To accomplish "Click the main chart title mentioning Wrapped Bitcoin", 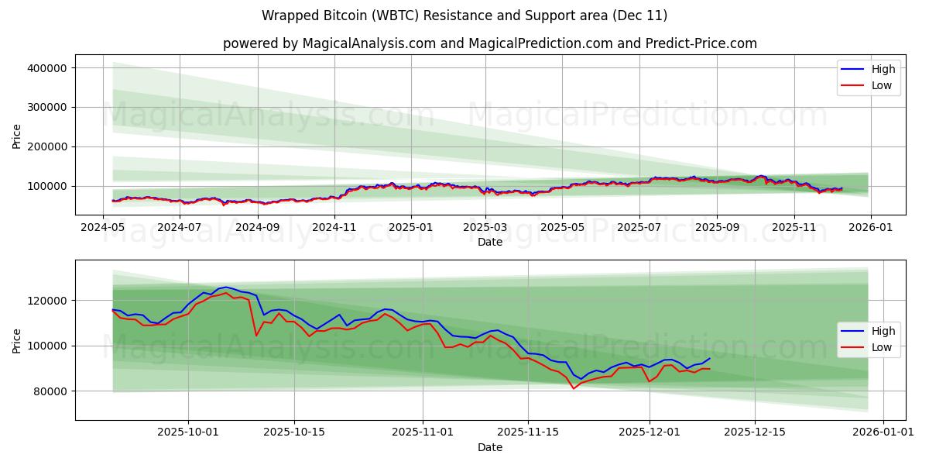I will tap(464, 15).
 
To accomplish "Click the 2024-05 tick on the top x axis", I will tap(103, 227).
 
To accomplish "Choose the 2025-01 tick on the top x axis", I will tap(410, 227).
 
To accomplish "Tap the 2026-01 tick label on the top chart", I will tap(871, 227).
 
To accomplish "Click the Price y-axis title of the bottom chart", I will tap(17, 340).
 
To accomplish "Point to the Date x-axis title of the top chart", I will tap(489, 242).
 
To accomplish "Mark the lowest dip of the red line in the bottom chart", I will tap(574, 388).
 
